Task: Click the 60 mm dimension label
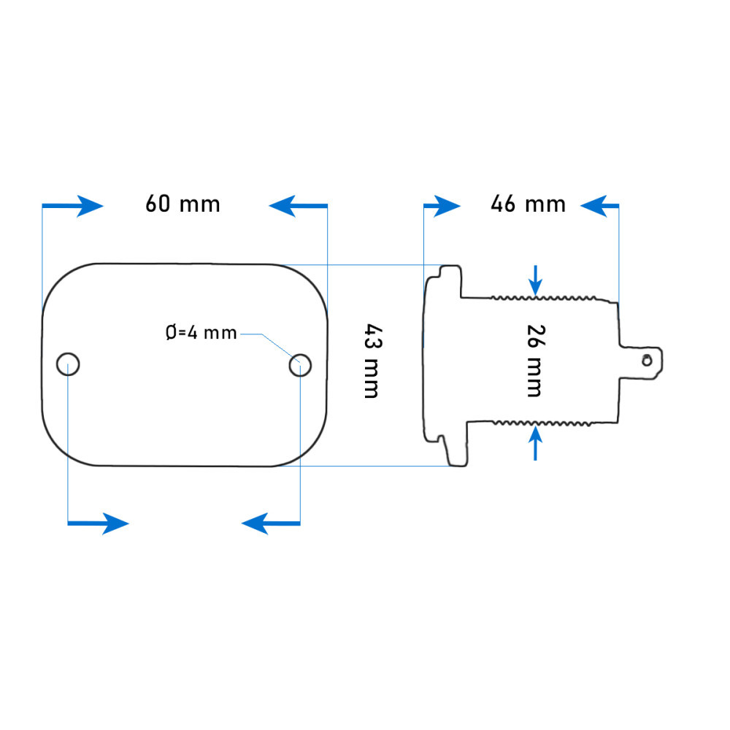[182, 204]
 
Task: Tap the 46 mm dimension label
[528, 204]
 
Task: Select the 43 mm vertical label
[372, 361]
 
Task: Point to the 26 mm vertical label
[535, 361]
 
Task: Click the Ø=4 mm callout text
[201, 333]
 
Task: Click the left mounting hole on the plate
[68, 364]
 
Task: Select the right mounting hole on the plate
[300, 365]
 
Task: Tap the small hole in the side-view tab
[647, 360]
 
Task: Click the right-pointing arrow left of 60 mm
[72, 206]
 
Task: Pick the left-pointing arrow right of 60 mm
[298, 206]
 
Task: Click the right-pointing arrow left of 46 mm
[442, 207]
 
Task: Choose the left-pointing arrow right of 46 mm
[599, 206]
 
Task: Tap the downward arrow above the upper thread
[535, 280]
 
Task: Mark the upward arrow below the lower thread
[535, 443]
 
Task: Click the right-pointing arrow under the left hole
[99, 523]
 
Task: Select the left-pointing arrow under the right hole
[271, 523]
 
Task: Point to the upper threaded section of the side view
[544, 298]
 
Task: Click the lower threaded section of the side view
[543, 423]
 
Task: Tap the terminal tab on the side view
[641, 363]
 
